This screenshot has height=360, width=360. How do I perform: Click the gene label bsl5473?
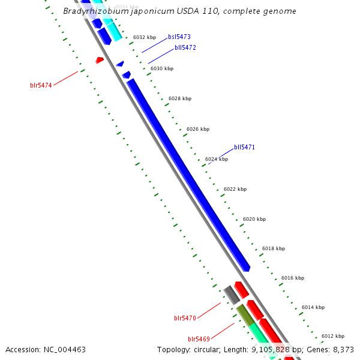[x=179, y=37]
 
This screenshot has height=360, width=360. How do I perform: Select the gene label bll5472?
[x=185, y=47]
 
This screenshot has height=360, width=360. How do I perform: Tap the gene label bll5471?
[x=245, y=147]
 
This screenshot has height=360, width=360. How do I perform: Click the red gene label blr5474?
[x=41, y=85]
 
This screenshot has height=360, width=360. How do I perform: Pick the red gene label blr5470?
[x=185, y=318]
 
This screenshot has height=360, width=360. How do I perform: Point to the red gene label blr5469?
[x=199, y=339]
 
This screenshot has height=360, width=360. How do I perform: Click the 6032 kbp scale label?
[x=145, y=37]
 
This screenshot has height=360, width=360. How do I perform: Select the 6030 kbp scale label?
[x=162, y=68]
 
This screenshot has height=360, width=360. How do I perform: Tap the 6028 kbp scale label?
[x=180, y=98]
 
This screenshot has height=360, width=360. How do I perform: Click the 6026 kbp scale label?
[x=198, y=129]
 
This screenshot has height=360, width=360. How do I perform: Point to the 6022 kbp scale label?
[x=235, y=189]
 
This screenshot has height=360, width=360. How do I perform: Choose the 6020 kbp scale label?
[x=254, y=219]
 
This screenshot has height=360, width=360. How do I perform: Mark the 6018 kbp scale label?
[x=274, y=248]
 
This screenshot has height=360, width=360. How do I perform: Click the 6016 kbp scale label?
[x=293, y=278]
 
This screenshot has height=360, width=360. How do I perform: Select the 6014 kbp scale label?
[x=313, y=307]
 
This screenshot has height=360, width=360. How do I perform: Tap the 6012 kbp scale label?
[x=333, y=336]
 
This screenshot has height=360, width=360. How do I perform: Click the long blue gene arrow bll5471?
[x=188, y=174]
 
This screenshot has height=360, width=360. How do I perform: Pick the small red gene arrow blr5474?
[x=100, y=60]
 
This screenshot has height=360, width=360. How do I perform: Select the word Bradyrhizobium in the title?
[x=91, y=11]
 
